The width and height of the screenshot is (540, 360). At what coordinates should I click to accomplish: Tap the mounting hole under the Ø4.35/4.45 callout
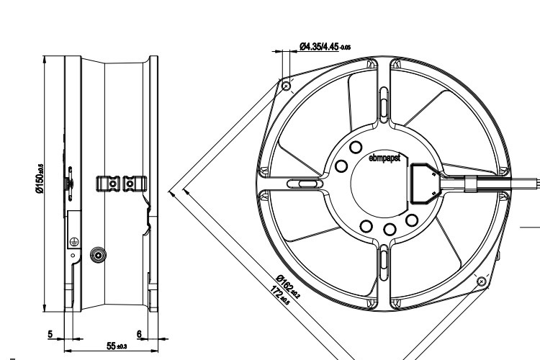click(287, 86)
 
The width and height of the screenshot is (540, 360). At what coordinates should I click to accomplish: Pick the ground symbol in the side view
click(74, 242)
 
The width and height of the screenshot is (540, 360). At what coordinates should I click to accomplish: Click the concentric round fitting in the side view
click(96, 255)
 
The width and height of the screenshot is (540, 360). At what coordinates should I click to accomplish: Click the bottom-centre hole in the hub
click(389, 230)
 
